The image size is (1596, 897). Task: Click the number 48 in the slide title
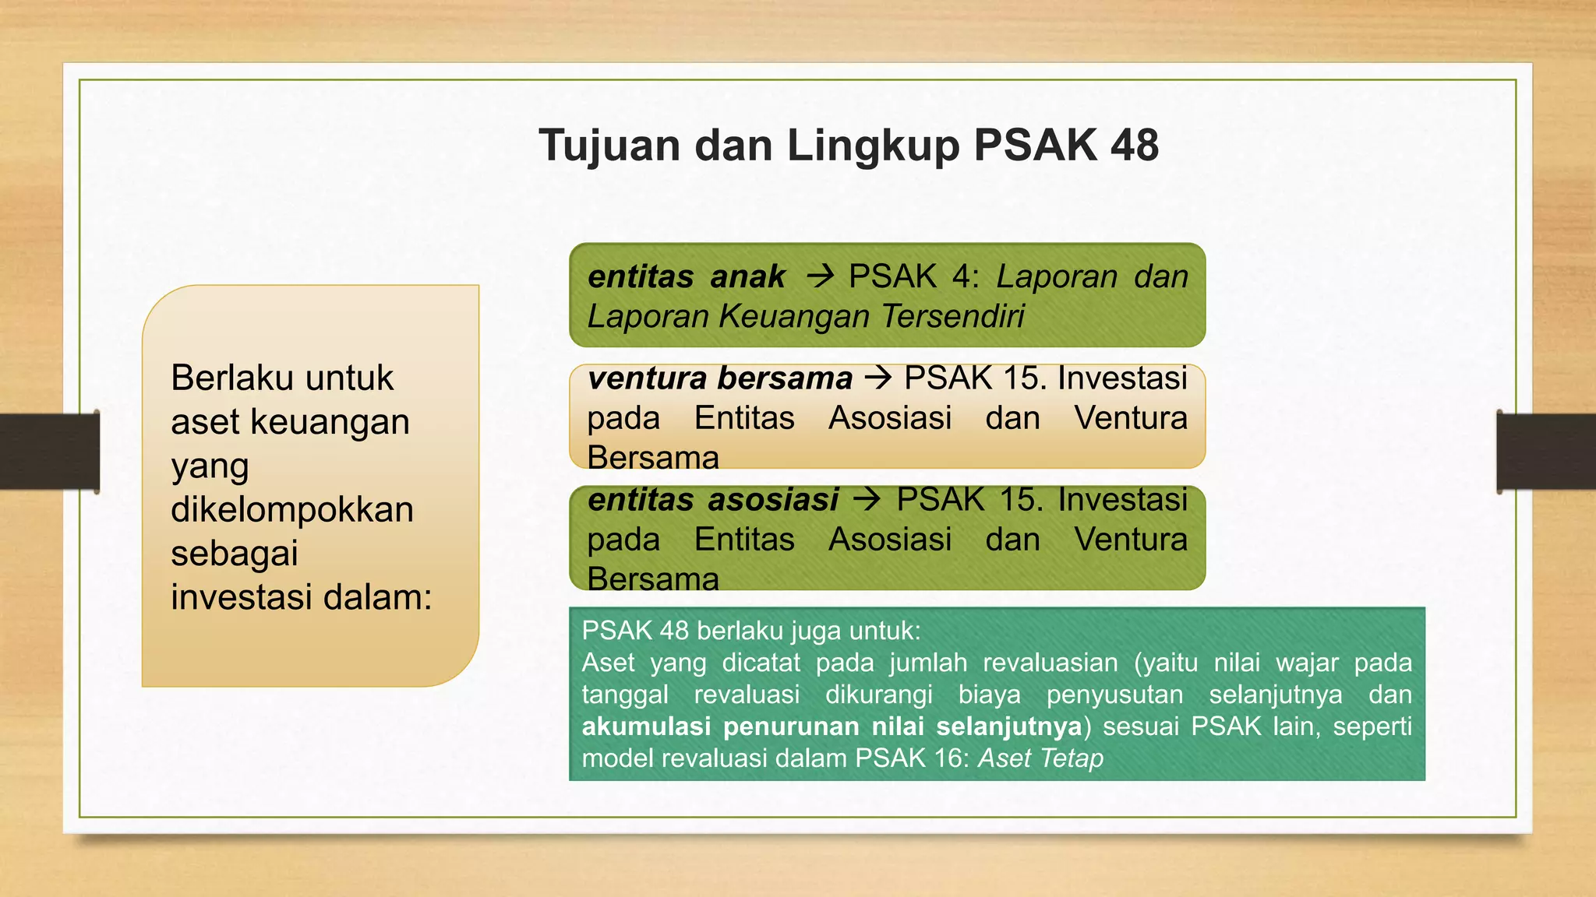pos(1135,146)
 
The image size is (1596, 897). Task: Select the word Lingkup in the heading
pos(873,147)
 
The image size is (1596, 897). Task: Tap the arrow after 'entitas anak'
pos(820,276)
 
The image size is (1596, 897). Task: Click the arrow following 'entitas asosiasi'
pos(867,500)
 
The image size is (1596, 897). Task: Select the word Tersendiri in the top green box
pos(953,317)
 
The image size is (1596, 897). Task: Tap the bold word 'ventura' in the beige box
pos(647,378)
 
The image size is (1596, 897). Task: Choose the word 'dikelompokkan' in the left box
pos(292,510)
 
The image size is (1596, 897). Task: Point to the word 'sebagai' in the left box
pos(235,554)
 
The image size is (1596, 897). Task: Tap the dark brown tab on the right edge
pos(1546,452)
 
